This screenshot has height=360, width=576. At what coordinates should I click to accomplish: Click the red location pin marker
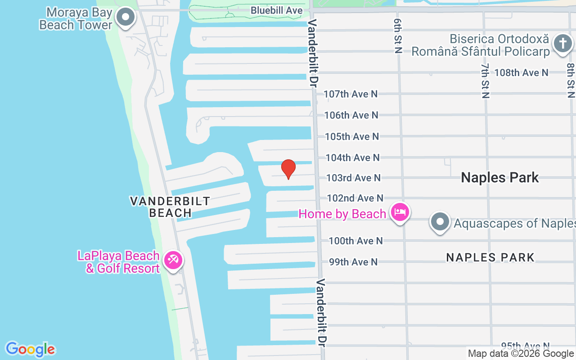click(288, 169)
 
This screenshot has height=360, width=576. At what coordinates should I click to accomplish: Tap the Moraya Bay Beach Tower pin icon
click(126, 18)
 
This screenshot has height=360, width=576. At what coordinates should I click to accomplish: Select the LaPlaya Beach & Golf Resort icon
click(173, 260)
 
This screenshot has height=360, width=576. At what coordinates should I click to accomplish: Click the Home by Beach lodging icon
click(399, 212)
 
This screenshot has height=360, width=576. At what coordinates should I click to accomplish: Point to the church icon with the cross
click(562, 44)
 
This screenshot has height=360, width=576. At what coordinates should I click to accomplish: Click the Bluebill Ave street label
click(277, 10)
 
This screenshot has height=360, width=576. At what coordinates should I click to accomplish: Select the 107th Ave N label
click(351, 94)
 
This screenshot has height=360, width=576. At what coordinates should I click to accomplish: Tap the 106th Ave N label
click(351, 115)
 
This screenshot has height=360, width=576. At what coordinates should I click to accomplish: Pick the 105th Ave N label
click(351, 136)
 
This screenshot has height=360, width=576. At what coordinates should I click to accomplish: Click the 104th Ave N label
click(352, 157)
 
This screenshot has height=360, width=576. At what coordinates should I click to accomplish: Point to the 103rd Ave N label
click(353, 178)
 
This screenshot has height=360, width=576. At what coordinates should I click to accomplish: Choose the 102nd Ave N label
click(355, 198)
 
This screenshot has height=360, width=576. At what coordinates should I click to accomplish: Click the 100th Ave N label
click(355, 241)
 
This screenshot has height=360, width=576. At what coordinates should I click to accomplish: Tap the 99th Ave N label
click(353, 262)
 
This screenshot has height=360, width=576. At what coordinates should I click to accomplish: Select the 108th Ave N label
click(521, 72)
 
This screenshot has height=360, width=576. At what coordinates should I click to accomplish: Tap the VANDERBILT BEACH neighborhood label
click(170, 207)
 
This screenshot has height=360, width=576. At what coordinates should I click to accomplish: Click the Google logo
click(30, 349)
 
